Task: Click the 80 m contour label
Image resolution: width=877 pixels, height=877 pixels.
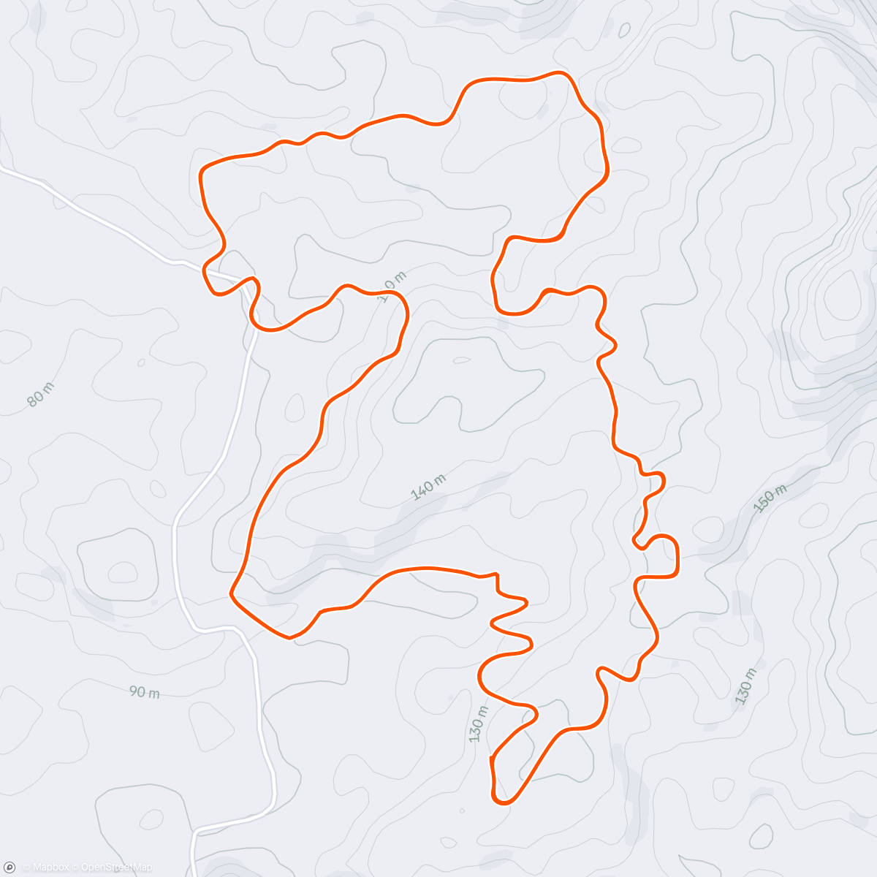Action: pos(40,394)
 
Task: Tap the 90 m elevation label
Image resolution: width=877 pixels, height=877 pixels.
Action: pos(144,691)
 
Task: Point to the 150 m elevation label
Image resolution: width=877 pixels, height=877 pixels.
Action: pos(770,498)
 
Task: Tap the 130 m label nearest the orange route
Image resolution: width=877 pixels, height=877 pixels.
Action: pos(477,724)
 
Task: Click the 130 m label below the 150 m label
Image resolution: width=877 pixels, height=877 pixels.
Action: pos(745,686)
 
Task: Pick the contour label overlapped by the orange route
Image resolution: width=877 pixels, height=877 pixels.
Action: pos(392,286)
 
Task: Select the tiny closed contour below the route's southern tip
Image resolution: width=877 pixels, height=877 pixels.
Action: pos(461,810)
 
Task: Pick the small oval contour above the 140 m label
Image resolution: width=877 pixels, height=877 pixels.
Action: pos(461,360)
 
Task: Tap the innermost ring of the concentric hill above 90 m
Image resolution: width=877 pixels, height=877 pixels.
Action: pos(121,569)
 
